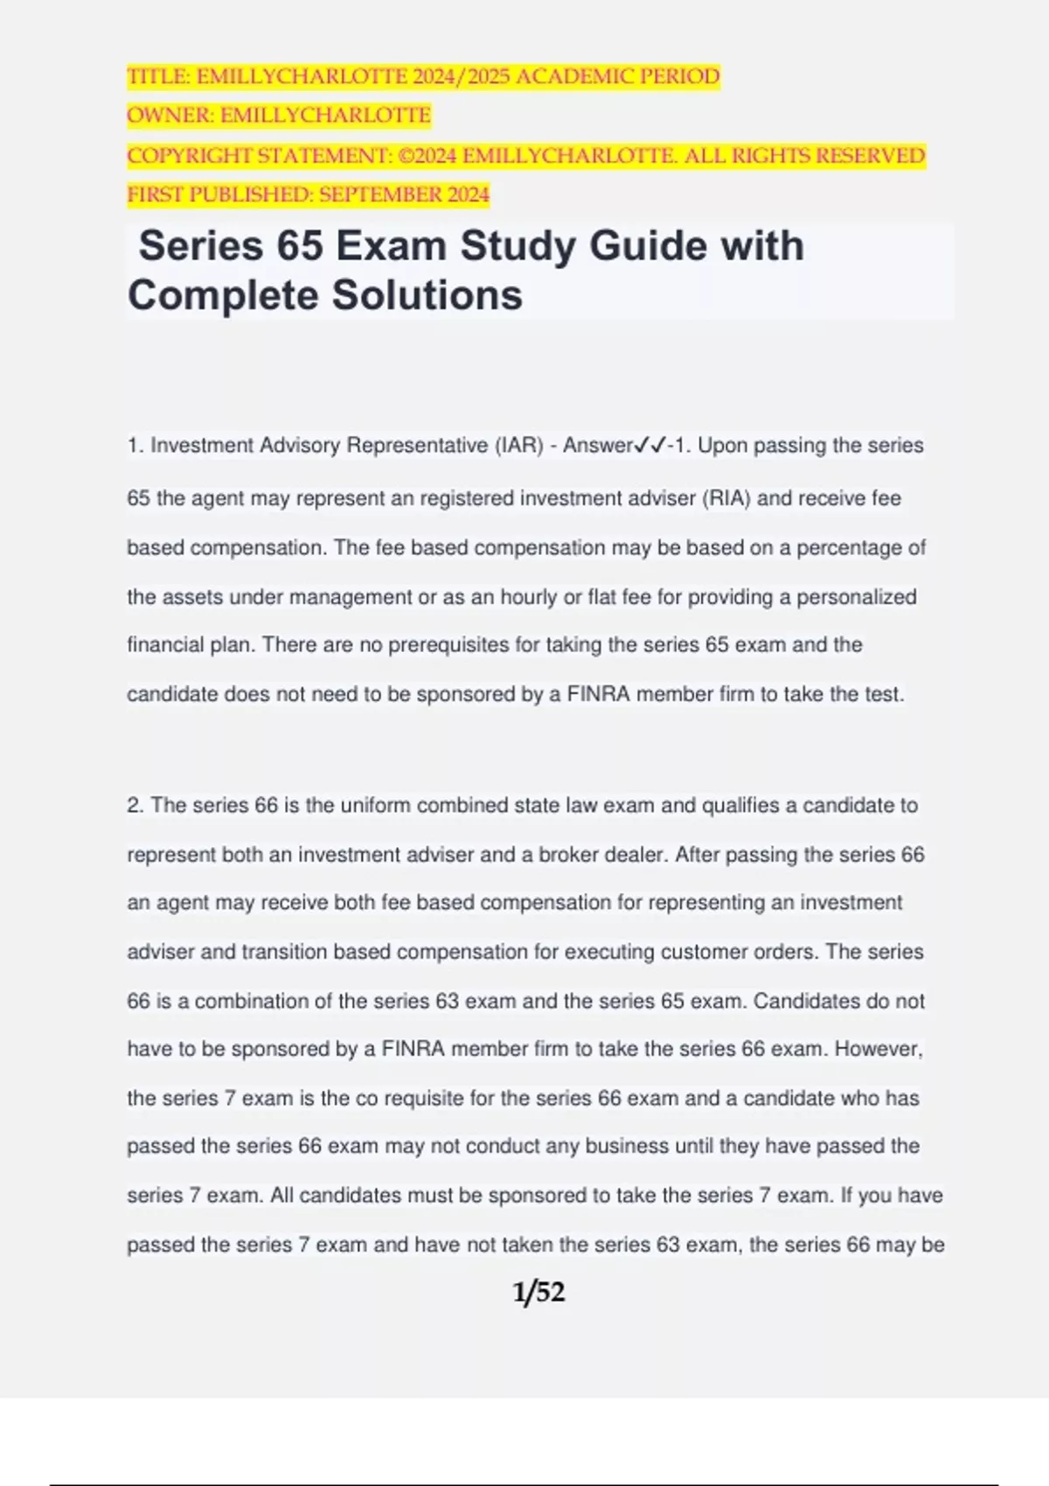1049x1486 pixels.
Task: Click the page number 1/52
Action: pyautogui.click(x=538, y=1292)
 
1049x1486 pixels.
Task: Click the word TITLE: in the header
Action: pyautogui.click(x=158, y=77)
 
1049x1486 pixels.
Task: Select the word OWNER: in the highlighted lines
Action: pyautogui.click(x=170, y=115)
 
